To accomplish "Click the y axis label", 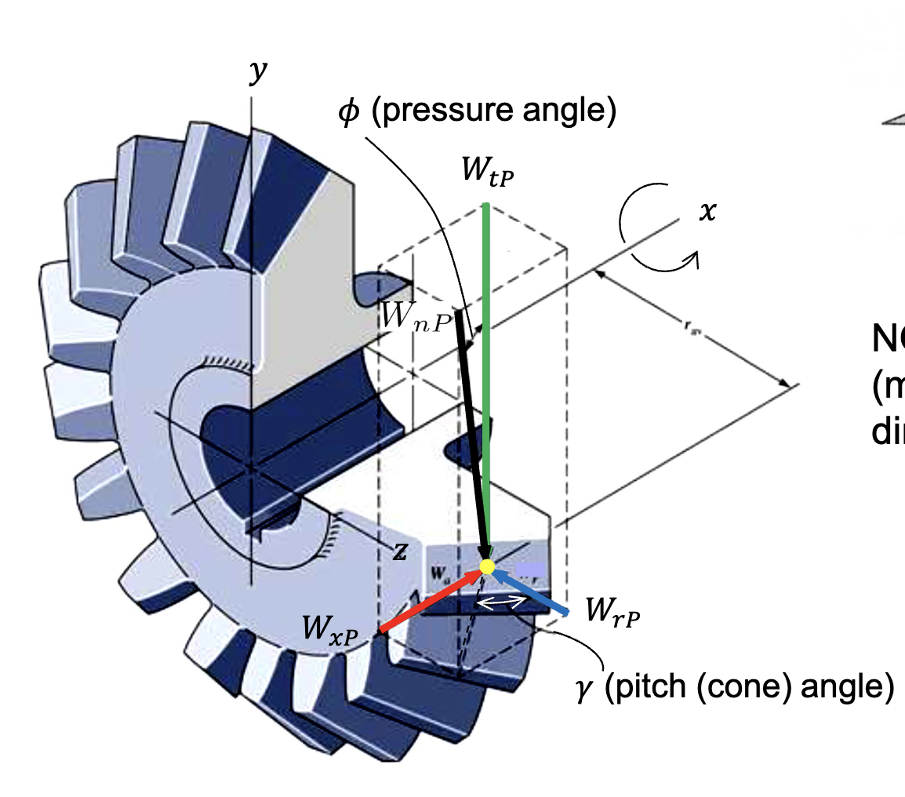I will pos(257,73).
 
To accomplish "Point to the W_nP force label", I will pos(414,315).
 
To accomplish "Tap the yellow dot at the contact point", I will pos(487,566).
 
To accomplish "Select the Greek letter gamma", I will pos(584,693).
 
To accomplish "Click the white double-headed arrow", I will pos(503,602).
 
